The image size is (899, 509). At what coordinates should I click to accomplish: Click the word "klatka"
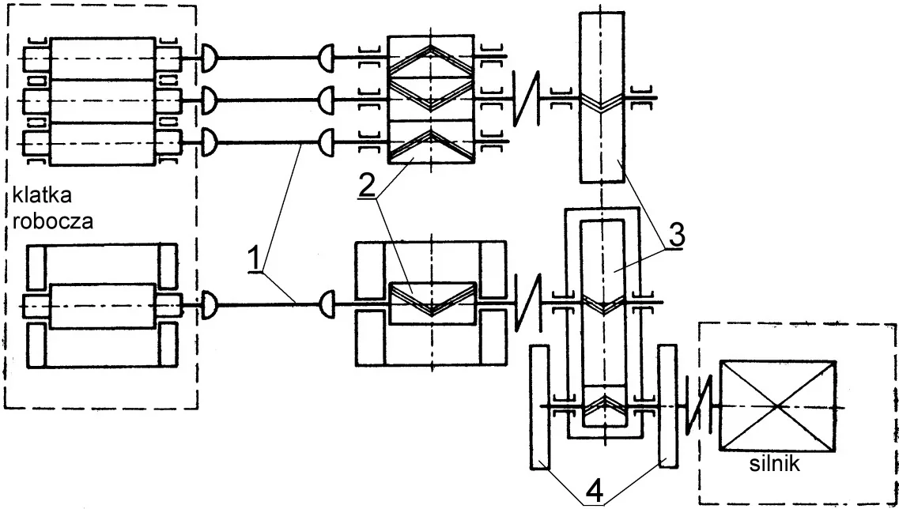click(42, 195)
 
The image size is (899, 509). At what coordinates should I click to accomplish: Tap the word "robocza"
click(53, 221)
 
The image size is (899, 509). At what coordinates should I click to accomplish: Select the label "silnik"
click(774, 463)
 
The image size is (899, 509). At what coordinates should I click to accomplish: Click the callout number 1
click(255, 260)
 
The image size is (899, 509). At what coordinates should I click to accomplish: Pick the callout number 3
click(677, 235)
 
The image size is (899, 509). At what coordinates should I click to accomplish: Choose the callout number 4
click(595, 492)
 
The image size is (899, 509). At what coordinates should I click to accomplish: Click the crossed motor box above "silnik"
click(777, 405)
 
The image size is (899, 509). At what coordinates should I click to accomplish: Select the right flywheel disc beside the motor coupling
click(668, 407)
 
